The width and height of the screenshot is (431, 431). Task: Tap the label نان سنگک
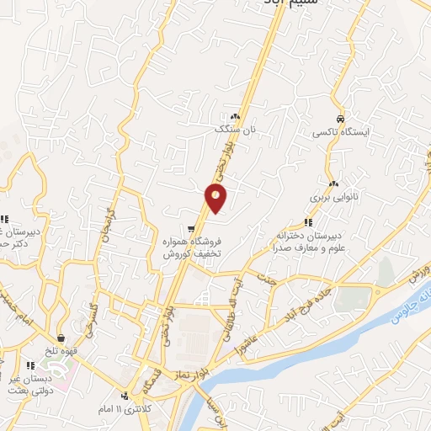(x=236, y=130)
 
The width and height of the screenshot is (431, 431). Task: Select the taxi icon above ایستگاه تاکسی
(x=339, y=119)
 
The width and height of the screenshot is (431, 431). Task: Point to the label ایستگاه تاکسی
(x=339, y=133)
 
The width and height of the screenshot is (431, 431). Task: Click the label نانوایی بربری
(x=334, y=197)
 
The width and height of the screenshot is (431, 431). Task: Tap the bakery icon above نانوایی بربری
(x=334, y=184)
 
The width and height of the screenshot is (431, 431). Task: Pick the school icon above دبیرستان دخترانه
(x=308, y=222)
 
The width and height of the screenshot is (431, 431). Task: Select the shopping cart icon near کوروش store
(x=192, y=228)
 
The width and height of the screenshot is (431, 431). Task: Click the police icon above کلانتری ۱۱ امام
(x=125, y=396)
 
